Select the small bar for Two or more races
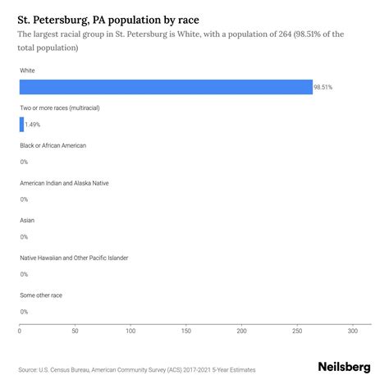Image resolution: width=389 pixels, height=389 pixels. [21, 124]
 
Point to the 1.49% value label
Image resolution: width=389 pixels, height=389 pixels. [34, 125]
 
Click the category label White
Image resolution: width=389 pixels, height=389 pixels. [27, 71]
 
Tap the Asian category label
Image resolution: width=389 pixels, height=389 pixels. [27, 220]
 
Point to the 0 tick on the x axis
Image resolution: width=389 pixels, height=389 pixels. [20, 332]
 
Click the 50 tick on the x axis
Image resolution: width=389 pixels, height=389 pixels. [75, 332]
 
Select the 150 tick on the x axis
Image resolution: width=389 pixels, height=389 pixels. [186, 332]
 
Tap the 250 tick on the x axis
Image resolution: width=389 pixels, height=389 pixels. [297, 332]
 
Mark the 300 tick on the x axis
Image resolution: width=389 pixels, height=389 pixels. [353, 332]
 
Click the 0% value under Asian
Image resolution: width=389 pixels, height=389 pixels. [24, 236]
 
